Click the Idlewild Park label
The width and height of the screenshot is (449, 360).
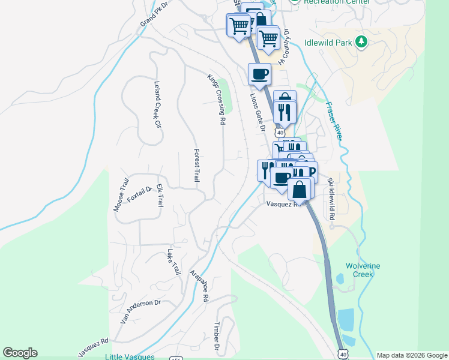point(328,42)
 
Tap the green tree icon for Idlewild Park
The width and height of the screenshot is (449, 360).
point(361,41)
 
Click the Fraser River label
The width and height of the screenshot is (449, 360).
point(334,120)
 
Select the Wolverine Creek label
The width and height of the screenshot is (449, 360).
point(363,270)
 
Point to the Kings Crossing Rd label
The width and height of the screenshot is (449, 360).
point(217,99)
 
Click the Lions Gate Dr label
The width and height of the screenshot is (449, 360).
point(258,109)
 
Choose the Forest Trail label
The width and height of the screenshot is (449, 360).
point(196,165)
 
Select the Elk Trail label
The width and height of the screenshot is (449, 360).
point(160,196)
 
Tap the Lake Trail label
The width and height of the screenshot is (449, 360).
point(174,262)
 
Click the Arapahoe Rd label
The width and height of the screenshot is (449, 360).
point(199,285)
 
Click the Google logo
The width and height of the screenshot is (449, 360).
point(20,353)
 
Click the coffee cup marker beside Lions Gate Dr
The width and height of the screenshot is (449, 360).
point(259,74)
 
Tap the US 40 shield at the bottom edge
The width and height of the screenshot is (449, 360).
point(342,355)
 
